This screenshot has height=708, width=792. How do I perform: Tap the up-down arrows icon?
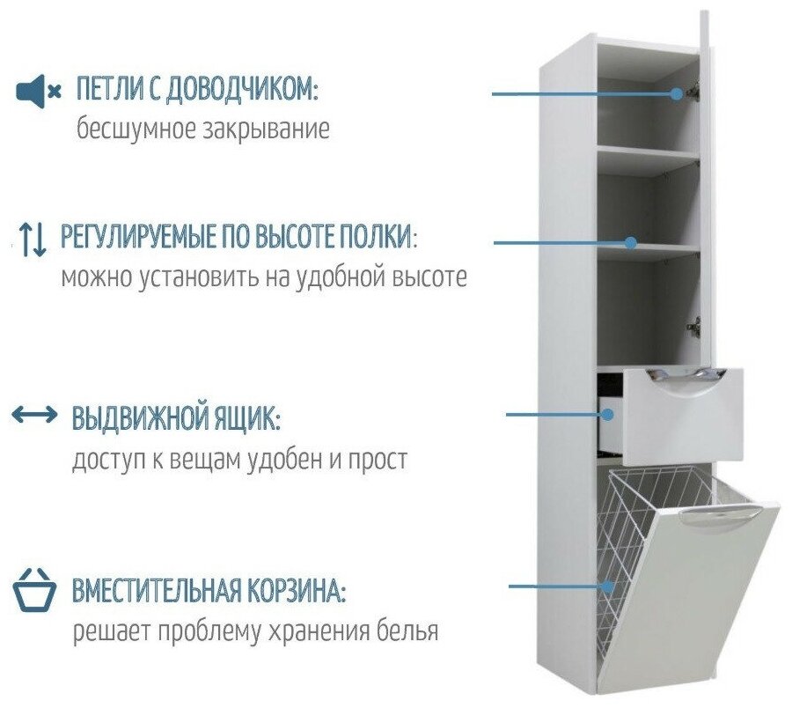pos(33,239)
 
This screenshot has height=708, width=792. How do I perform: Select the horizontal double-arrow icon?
pos(34,416)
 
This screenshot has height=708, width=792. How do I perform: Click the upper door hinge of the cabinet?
pos(693,90)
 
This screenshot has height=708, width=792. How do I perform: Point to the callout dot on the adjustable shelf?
pos(630,242)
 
